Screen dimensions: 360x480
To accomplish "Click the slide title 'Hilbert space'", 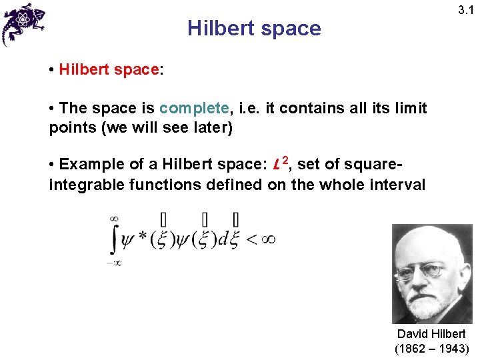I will (254, 29).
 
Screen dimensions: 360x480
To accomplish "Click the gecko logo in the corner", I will (23, 23).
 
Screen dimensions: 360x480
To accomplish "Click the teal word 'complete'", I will (194, 108).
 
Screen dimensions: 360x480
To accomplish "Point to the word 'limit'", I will (409, 108).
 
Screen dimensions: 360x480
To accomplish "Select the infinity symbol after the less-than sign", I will (267, 239).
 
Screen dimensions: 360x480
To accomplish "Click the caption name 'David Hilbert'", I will (431, 334).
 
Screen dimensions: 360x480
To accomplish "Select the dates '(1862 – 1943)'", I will (432, 349).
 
